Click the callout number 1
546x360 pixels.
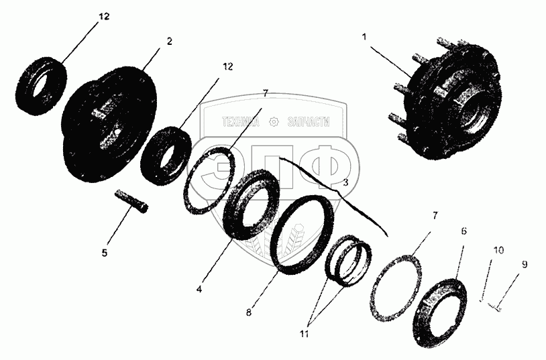click(364, 37)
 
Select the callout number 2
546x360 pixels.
click(169, 42)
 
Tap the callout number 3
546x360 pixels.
click(345, 182)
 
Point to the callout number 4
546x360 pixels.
click(199, 290)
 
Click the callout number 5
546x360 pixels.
click(105, 253)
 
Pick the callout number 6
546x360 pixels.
click(463, 231)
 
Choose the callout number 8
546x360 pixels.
click(248, 312)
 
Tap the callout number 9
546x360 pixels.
click(524, 265)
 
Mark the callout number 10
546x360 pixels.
click(498, 250)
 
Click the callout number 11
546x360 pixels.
click(304, 334)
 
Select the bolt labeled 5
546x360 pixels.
click(131, 201)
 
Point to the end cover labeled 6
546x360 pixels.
click(439, 312)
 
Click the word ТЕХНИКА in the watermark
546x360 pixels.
click(241, 122)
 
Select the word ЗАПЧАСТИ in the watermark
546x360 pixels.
click(309, 122)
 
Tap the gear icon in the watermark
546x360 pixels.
click(274, 122)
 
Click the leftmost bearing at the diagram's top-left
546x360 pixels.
click(42, 86)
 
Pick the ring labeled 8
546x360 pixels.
click(302, 235)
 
